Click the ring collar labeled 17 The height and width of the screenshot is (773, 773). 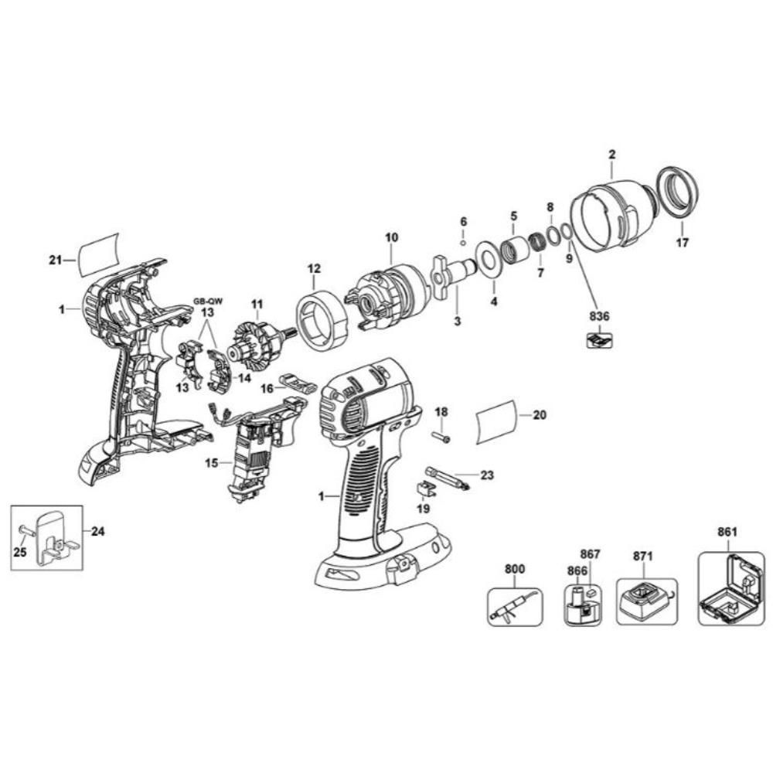point(678,191)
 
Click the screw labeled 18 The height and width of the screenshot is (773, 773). point(441,438)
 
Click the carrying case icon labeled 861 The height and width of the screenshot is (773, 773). point(727,589)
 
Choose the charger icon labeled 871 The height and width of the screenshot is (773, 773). point(646,601)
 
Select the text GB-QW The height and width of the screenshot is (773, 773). point(206,302)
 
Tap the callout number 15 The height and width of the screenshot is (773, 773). point(212,464)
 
